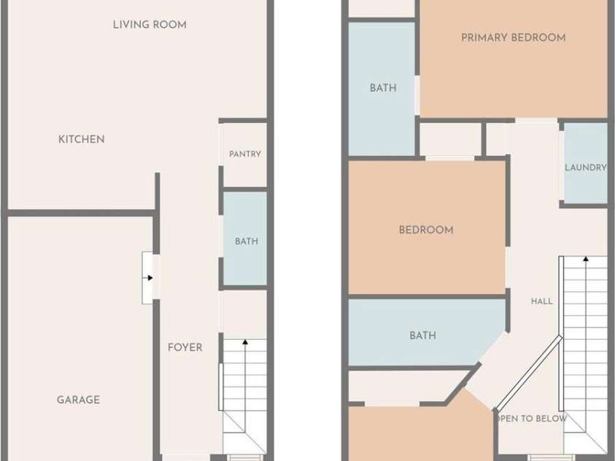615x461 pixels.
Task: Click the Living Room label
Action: [150, 25]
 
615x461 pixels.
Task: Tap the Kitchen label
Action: [82, 139]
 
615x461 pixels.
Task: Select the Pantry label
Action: [245, 154]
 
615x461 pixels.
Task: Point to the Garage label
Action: [79, 400]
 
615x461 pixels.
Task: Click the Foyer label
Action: [185, 347]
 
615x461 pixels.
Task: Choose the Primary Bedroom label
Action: [514, 38]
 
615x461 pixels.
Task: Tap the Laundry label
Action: [586, 167]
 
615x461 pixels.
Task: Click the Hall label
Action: [542, 301]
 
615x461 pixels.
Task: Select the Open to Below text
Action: [531, 419]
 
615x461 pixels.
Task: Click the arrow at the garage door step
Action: [148, 278]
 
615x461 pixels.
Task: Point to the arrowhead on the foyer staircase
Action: [245, 342]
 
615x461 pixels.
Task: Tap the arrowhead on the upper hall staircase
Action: [586, 259]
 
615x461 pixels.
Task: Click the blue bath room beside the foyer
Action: [245, 239]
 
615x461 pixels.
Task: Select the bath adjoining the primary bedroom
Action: [382, 89]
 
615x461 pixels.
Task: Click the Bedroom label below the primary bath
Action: [426, 230]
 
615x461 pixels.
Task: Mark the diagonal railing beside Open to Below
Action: [530, 373]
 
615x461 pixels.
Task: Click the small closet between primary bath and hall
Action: [450, 139]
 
